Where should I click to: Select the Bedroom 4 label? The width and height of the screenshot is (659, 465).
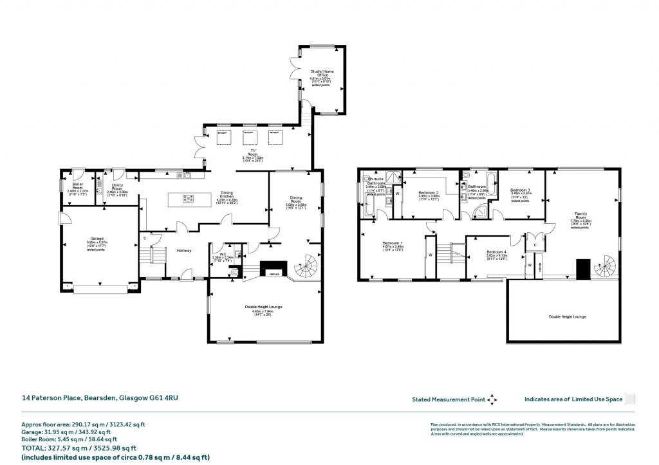pyautogui.click(x=496, y=252)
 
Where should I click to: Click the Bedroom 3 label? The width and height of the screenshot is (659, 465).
pyautogui.click(x=520, y=191)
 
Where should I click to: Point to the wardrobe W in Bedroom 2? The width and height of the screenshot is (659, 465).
pyautogui.click(x=397, y=193)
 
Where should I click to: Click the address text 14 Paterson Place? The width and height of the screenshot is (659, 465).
pyautogui.click(x=99, y=399)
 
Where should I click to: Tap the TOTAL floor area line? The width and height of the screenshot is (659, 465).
pyautogui.click(x=79, y=448)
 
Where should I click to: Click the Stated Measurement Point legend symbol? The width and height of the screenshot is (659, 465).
pyautogui.click(x=492, y=399)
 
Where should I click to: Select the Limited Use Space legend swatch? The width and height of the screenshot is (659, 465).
pyautogui.click(x=631, y=399)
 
